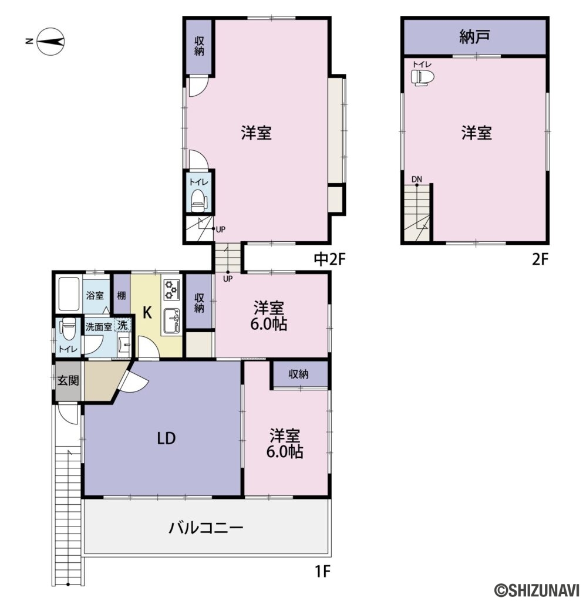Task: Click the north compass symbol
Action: (x=50, y=42)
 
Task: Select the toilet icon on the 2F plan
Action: (x=420, y=77)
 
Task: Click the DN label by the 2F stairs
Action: (x=416, y=180)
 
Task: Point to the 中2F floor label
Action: (x=328, y=259)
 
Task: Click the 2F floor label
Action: (x=540, y=259)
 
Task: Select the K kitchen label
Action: (x=148, y=313)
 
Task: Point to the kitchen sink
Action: (x=172, y=320)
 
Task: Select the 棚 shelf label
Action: (x=121, y=295)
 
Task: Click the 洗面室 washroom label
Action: (x=99, y=327)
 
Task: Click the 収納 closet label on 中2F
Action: (x=200, y=46)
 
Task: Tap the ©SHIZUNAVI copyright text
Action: (x=535, y=588)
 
